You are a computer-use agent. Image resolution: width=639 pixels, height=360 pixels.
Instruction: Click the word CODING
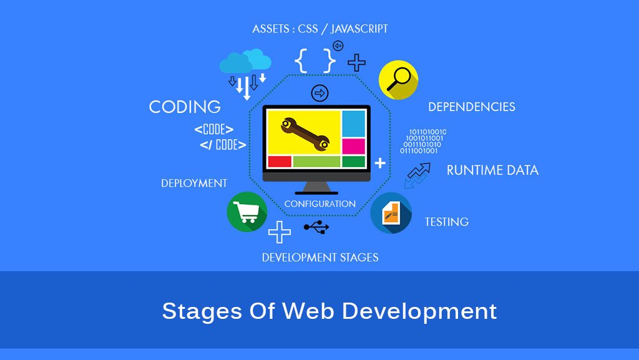(x=185, y=107)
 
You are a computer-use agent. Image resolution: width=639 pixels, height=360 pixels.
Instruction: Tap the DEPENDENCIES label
(x=472, y=107)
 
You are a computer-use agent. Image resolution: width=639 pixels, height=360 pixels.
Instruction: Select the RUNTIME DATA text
(x=492, y=170)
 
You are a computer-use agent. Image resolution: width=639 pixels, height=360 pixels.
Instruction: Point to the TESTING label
(x=447, y=222)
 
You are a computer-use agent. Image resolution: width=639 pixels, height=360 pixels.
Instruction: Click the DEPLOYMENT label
(x=194, y=183)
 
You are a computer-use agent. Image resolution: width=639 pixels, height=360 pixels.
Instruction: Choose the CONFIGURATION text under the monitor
(x=320, y=203)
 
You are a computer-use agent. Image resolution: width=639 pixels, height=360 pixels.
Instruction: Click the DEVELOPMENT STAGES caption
(x=320, y=258)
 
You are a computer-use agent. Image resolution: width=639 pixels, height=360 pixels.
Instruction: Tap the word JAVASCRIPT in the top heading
(x=359, y=29)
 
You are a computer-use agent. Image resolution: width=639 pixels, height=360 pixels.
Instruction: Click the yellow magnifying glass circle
(x=398, y=80)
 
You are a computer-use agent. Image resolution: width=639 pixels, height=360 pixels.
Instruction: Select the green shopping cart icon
(x=247, y=212)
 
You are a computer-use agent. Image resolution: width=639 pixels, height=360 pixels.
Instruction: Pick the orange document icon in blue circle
(x=391, y=213)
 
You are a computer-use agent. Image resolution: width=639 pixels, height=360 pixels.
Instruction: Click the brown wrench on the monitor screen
(x=305, y=134)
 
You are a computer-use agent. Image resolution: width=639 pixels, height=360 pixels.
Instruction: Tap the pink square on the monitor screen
(x=353, y=147)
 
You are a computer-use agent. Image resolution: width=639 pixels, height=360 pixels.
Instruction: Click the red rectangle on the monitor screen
(x=280, y=162)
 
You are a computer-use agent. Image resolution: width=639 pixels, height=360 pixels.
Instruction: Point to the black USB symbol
(x=316, y=227)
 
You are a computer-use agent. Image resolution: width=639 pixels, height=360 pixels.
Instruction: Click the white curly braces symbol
(x=315, y=61)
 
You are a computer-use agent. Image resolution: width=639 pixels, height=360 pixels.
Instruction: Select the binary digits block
(x=423, y=141)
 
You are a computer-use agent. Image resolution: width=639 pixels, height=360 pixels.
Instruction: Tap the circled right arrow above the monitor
(x=320, y=93)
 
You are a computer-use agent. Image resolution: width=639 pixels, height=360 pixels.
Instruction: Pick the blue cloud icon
(x=245, y=61)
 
